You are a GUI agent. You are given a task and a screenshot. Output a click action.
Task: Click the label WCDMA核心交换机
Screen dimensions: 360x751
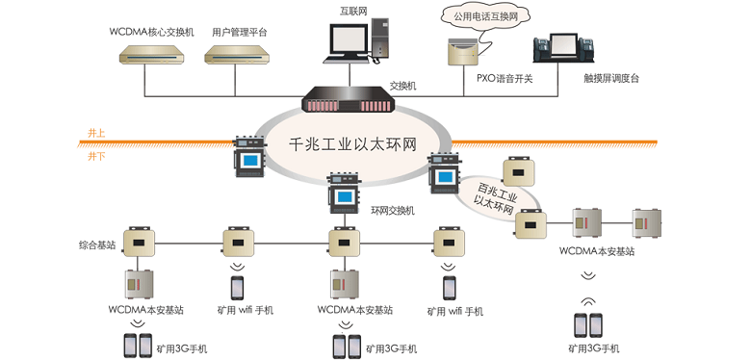tap(152, 32)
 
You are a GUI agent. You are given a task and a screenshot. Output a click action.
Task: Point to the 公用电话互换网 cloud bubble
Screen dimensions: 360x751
tap(479, 16)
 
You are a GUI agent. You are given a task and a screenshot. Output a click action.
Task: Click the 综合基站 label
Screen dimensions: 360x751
tap(97, 245)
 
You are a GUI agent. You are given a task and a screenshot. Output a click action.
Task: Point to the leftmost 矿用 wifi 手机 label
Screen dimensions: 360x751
tap(242, 310)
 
